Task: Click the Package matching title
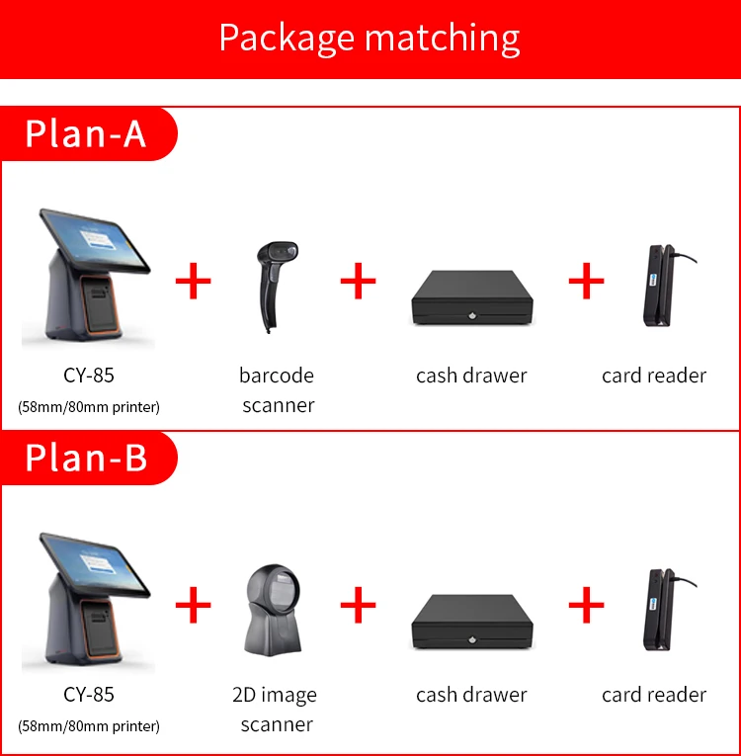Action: click(370, 38)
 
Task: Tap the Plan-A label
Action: click(86, 133)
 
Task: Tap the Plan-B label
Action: click(86, 458)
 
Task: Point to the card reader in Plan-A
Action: click(655, 287)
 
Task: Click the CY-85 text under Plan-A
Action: click(89, 376)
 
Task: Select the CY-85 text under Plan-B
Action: click(89, 695)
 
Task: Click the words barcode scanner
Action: click(277, 389)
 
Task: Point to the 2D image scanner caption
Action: click(276, 709)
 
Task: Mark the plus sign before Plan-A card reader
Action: click(586, 282)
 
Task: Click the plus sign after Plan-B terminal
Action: click(194, 604)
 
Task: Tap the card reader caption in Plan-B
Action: click(654, 695)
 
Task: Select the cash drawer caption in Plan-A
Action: click(471, 376)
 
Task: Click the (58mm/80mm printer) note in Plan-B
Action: click(89, 726)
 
